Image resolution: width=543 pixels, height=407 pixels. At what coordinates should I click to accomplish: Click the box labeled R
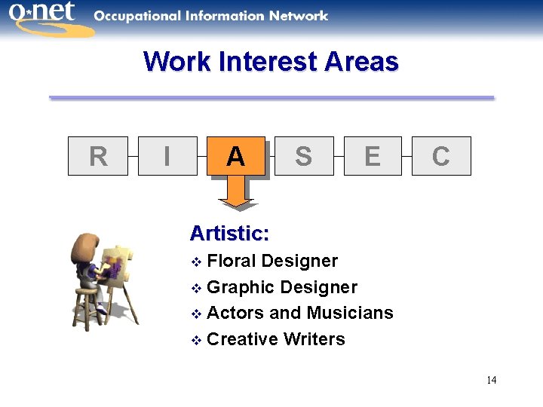pyautogui.click(x=98, y=156)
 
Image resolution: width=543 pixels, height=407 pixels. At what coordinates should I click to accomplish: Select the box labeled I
pyautogui.click(x=167, y=156)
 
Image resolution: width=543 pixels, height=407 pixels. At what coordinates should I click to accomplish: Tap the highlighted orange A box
pyautogui.click(x=235, y=156)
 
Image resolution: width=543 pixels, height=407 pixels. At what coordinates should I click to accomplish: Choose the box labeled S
pyautogui.click(x=304, y=156)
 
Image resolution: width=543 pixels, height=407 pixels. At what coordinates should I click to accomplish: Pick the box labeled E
pyautogui.click(x=373, y=156)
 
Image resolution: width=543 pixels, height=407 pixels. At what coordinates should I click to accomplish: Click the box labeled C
pyautogui.click(x=441, y=156)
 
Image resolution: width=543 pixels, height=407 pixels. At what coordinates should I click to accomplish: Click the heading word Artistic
pyautogui.click(x=229, y=233)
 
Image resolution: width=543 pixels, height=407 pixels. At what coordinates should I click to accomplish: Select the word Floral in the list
pyautogui.click(x=231, y=261)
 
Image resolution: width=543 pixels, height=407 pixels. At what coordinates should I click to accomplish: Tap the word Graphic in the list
pyautogui.click(x=240, y=287)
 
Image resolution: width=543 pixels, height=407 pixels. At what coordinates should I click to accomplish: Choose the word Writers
pyautogui.click(x=314, y=339)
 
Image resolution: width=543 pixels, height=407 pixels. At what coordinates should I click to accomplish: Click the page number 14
pyautogui.click(x=491, y=380)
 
